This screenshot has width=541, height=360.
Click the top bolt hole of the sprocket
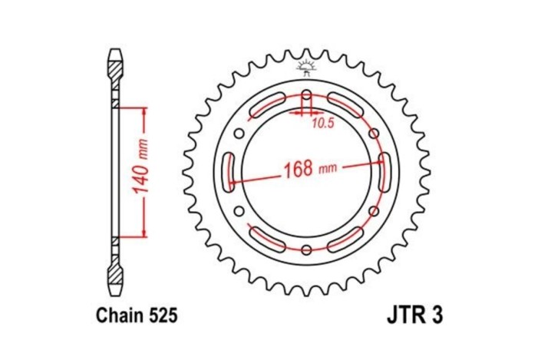(306, 97)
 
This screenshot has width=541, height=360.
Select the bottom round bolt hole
(306, 249)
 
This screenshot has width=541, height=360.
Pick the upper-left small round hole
(240, 134)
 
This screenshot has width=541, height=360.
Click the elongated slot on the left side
(227, 173)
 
